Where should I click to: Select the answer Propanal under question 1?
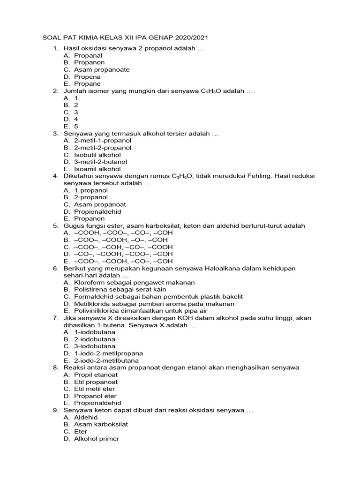88,55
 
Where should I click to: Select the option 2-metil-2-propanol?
103,148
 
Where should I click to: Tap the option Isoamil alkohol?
97,169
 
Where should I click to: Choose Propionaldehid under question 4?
97,211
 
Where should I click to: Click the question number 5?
55,225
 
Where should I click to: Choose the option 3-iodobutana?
95,346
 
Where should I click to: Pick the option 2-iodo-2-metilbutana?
106,360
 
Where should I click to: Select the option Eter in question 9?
81,431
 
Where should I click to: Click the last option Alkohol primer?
97,439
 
